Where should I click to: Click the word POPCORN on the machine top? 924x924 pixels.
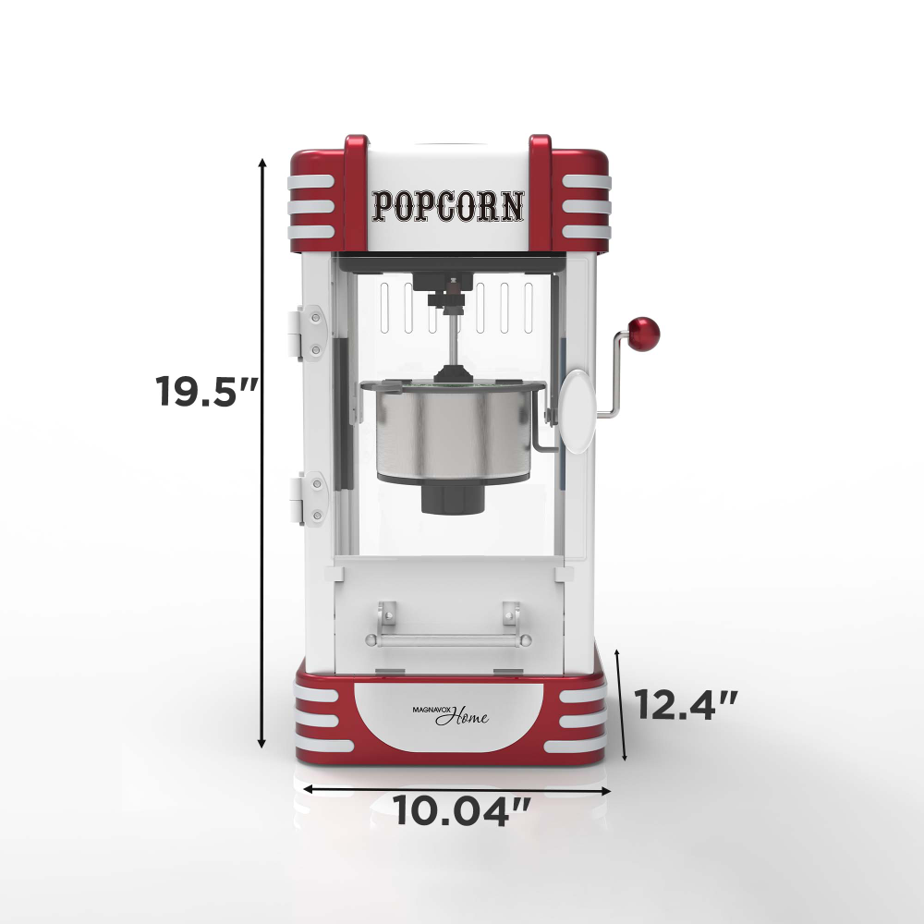click(448, 206)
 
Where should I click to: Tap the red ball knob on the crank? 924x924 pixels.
click(643, 334)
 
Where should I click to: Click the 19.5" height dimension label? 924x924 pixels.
click(206, 391)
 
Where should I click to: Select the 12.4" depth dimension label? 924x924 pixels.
click(686, 705)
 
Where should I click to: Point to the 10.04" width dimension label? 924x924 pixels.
click(461, 810)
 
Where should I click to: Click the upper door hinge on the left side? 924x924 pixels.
click(307, 333)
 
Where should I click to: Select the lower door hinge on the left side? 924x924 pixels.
click(307, 499)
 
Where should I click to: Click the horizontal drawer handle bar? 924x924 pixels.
click(448, 640)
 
